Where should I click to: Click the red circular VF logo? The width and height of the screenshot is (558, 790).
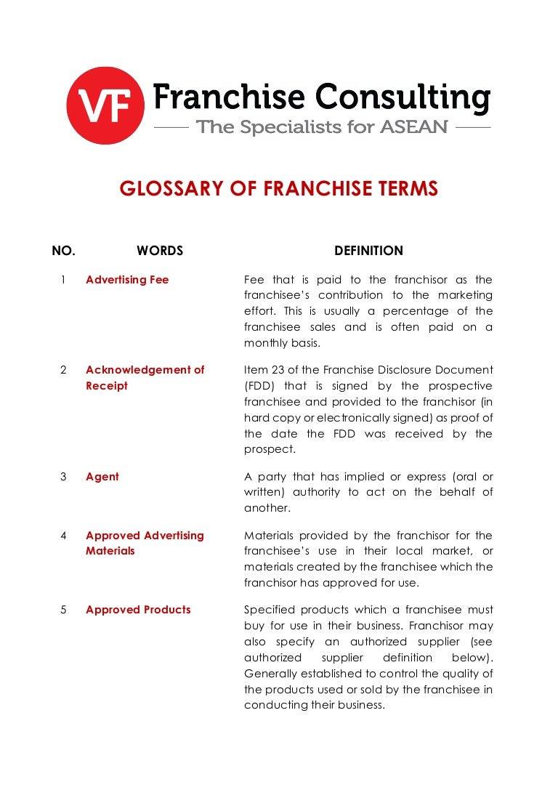click(x=105, y=105)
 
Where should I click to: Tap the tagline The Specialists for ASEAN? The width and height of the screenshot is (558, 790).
click(x=322, y=128)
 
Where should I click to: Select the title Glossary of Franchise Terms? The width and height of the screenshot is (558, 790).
click(x=279, y=190)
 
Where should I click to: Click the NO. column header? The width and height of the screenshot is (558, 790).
click(x=63, y=251)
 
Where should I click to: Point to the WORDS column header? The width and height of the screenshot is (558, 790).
click(x=160, y=251)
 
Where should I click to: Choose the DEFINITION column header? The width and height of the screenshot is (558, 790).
click(x=368, y=251)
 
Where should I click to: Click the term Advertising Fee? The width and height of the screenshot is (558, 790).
click(x=127, y=280)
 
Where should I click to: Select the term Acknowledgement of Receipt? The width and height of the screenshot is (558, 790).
click(x=145, y=377)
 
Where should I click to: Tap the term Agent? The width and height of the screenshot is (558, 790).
click(x=102, y=477)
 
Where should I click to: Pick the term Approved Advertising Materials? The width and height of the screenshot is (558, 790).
click(x=145, y=543)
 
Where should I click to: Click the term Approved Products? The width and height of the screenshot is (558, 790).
click(x=138, y=610)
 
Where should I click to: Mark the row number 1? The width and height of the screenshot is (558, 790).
click(x=63, y=280)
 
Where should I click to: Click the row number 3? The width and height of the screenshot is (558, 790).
click(x=63, y=477)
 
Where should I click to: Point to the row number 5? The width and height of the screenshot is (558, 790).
click(x=63, y=610)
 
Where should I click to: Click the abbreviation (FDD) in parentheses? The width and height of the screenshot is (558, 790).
click(x=260, y=386)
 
